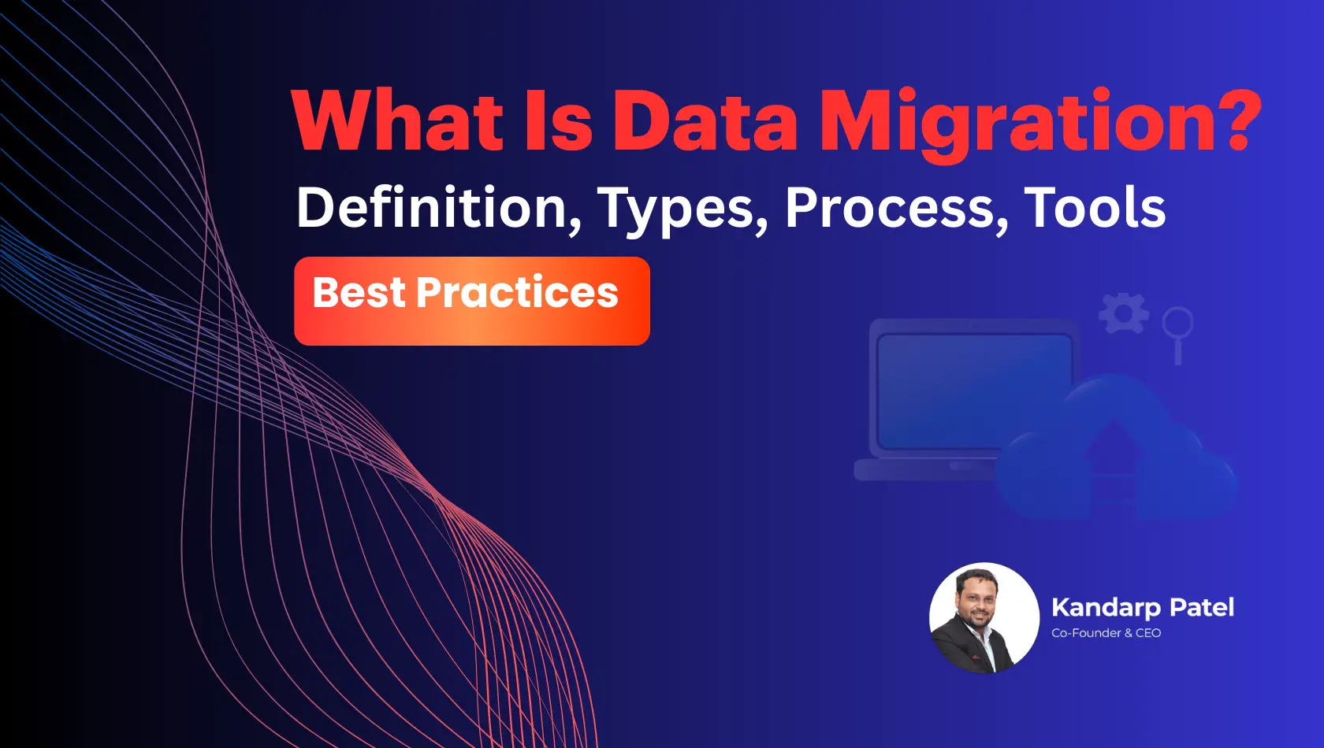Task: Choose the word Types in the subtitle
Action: click(682, 209)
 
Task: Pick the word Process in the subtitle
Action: click(896, 208)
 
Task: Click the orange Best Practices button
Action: click(471, 301)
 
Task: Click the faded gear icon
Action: click(1124, 313)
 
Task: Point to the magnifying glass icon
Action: click(1177, 331)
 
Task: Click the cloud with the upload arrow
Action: click(1115, 457)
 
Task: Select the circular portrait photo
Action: click(984, 618)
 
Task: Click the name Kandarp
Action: click(1106, 608)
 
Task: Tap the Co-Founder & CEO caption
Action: click(1106, 633)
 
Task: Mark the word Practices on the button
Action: click(517, 293)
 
